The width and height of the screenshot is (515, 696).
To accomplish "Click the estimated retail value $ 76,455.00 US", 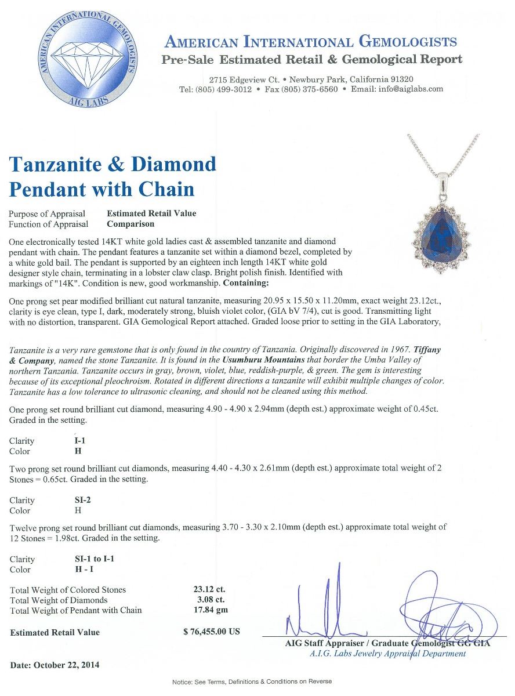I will pos(211,632).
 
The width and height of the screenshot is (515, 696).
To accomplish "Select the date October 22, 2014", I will pos(55,665).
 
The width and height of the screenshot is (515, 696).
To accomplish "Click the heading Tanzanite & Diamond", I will pos(113,165).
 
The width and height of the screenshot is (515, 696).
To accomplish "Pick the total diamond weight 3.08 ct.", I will pos(209,600).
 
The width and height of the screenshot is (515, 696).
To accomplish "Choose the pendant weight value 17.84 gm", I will pos(209,610).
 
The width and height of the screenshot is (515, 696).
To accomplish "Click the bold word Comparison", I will pos(130,224).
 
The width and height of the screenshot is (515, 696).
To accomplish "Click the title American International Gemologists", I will pos(311,42).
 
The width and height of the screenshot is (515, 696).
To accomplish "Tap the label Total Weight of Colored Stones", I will pos(68,590).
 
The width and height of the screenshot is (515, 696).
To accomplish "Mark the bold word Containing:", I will pos(246,283).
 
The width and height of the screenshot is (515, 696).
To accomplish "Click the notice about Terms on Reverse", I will pos(252,681).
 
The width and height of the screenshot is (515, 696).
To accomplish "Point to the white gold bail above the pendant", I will pos(443,184).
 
